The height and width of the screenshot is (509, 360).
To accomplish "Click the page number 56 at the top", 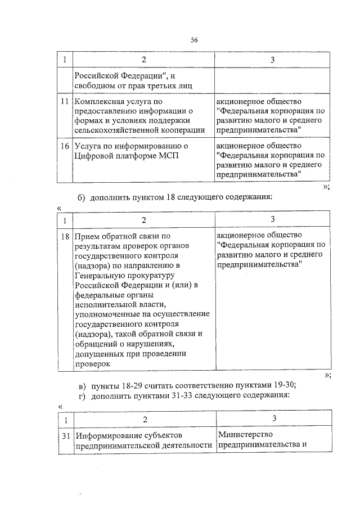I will pyautogui.click(x=194, y=39).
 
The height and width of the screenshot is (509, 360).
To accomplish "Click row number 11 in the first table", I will pyautogui.click(x=65, y=101).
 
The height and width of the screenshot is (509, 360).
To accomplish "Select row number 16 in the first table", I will pyautogui.click(x=65, y=146).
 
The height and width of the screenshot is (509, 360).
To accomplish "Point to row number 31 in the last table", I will pyautogui.click(x=65, y=435).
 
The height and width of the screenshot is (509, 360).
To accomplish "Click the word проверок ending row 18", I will pyautogui.click(x=90, y=364).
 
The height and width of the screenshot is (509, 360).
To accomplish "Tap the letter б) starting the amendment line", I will pyautogui.click(x=81, y=197).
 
